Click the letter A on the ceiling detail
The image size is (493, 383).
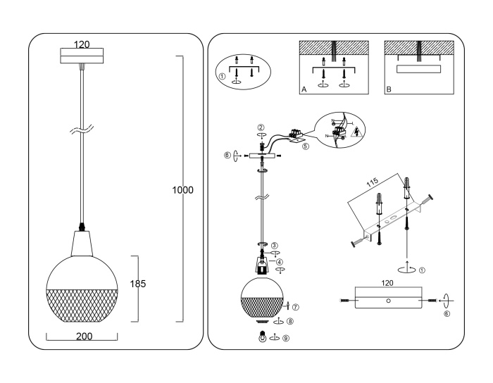pyautogui.click(x=304, y=90)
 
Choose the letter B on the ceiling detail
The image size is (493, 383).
pyautogui.click(x=389, y=90)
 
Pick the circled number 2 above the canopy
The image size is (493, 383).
pyautogui.click(x=261, y=127)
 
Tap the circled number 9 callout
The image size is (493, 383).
pyautogui.click(x=285, y=338)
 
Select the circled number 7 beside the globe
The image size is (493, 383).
pyautogui.click(x=297, y=307)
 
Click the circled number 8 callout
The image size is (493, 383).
pyautogui.click(x=290, y=320)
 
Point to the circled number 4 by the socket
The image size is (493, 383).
pyautogui.click(x=279, y=262)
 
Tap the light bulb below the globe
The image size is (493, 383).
pyautogui.click(x=263, y=337)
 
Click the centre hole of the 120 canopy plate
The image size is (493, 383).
pyautogui.click(x=388, y=301)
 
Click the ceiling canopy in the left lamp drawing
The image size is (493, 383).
pyautogui.click(x=83, y=57)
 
